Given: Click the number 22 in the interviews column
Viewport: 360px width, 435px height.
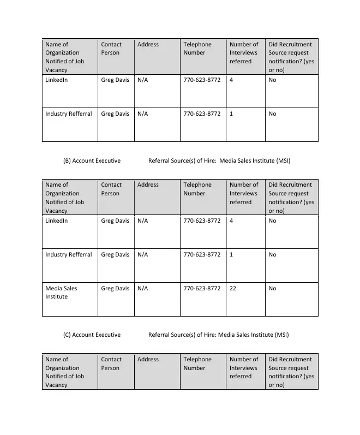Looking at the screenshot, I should [233, 288].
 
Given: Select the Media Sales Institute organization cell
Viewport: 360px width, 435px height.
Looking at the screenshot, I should [61, 293].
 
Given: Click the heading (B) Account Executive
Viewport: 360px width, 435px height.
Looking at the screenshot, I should [92, 161].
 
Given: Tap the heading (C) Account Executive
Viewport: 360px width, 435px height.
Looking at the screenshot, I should [92, 335].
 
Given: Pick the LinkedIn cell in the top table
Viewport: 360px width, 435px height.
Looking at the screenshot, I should [57, 80].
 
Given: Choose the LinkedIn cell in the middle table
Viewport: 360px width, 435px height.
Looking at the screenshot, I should [57, 221].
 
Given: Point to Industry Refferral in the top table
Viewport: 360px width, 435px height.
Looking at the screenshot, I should [69, 114].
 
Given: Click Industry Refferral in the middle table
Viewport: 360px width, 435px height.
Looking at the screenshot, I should [69, 254].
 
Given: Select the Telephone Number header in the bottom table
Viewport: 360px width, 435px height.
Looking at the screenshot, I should [197, 364].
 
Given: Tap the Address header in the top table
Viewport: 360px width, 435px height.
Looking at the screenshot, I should [148, 44].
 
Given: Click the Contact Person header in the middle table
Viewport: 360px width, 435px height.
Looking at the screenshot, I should [111, 189].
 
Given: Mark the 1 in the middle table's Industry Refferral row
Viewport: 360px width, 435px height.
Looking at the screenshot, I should [231, 254].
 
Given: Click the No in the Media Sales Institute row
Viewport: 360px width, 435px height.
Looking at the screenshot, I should [272, 288].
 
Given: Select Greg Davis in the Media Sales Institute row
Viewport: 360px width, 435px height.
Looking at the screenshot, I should [115, 288].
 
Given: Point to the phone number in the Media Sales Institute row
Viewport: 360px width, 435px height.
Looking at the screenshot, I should [202, 288].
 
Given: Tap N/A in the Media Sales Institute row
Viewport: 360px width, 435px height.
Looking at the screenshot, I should [142, 288].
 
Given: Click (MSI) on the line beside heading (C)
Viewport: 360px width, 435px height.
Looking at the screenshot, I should [281, 335].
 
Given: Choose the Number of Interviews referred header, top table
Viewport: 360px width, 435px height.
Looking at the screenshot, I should [243, 52].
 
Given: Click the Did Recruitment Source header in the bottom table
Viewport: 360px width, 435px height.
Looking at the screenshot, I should [291, 372].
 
